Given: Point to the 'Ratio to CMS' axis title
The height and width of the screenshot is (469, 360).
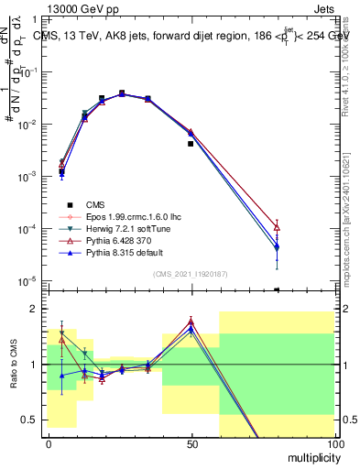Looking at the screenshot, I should point(13,376).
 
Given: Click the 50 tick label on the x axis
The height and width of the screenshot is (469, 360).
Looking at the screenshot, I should point(191,443).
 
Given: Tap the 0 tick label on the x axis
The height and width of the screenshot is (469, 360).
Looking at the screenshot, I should point(49,443).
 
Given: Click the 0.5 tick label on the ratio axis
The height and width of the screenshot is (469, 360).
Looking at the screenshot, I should point(29,420).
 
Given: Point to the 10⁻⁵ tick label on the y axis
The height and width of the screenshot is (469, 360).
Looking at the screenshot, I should point(27,280).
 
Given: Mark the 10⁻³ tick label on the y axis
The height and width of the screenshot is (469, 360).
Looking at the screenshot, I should point(27,175).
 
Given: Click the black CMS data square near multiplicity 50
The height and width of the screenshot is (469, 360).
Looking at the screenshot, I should point(191,144).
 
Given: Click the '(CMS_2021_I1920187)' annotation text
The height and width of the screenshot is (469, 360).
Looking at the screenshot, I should point(191,273).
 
